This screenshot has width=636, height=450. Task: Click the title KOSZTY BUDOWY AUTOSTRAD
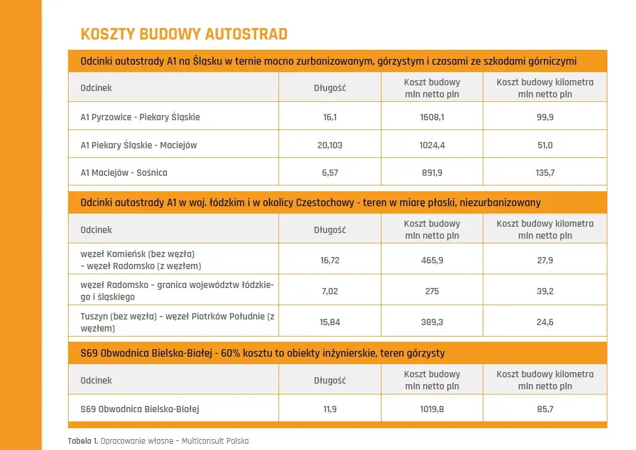184,34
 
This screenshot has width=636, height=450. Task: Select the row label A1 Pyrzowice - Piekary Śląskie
140,117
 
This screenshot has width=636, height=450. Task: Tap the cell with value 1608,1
432,117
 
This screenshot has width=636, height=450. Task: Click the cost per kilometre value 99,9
544,117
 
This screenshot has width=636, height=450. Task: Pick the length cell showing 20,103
330,145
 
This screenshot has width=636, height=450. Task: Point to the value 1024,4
432,145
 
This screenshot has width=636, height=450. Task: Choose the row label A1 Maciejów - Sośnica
124,172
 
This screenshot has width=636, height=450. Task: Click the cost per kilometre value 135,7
544,172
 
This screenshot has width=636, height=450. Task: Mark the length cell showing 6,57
330,172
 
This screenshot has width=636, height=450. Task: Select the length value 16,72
330,260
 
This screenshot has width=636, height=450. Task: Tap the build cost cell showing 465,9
432,260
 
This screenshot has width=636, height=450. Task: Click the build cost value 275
432,291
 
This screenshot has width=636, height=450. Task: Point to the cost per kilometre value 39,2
544,291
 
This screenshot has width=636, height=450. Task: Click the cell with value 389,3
432,322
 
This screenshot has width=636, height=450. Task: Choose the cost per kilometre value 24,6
544,322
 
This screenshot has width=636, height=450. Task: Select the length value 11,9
330,409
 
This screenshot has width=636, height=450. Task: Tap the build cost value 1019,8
432,409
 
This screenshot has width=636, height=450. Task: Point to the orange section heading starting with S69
263,353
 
